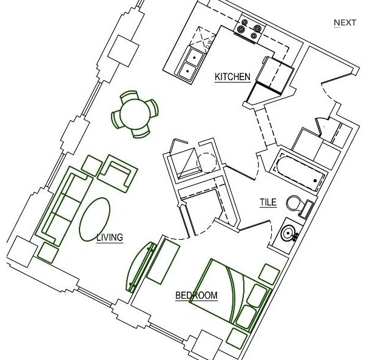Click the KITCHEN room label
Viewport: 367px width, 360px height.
(x=232, y=76)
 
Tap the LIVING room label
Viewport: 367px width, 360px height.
(x=110, y=237)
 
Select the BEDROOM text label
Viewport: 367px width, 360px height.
(x=196, y=296)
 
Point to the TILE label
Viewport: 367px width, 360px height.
(x=268, y=203)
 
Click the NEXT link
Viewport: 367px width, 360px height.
(x=345, y=23)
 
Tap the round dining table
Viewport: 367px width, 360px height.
(x=136, y=113)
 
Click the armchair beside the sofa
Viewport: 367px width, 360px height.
(x=118, y=172)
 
